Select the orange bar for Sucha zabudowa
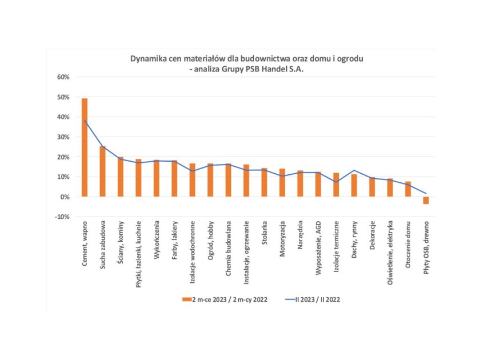[x=103, y=171]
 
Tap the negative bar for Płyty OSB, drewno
[x=426, y=200]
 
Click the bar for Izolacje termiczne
[x=336, y=185]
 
